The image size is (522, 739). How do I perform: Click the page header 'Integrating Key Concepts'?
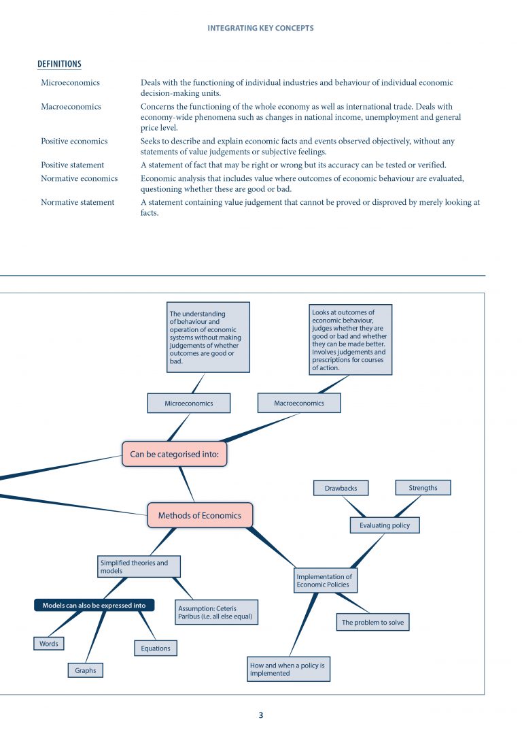[x=260, y=28]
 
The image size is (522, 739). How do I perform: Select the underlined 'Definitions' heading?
[x=59, y=65]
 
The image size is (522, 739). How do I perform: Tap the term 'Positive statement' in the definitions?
[x=72, y=165]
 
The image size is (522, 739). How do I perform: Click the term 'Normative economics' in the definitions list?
[x=79, y=178]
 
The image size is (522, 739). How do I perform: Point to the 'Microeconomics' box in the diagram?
[x=188, y=404]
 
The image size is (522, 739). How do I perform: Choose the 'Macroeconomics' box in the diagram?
[x=298, y=403]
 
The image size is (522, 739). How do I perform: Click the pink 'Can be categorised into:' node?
[x=174, y=454]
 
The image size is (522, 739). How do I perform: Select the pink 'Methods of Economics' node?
[x=199, y=515]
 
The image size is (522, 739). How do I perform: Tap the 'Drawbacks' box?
[x=341, y=488]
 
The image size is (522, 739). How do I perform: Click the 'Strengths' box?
[x=423, y=487]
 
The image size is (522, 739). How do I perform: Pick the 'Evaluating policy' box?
[x=385, y=525]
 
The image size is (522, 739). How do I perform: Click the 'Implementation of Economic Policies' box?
[x=325, y=580]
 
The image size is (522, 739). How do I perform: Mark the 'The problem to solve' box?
[x=373, y=622]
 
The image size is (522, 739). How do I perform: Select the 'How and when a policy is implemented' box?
[x=288, y=669]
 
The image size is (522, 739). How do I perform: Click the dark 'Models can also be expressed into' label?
[x=94, y=605]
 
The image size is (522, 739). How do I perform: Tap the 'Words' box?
[x=49, y=643]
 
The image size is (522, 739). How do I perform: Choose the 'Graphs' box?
[x=86, y=670]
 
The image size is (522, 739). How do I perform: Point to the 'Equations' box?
[x=156, y=648]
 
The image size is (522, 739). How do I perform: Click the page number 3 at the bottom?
[x=260, y=715]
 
